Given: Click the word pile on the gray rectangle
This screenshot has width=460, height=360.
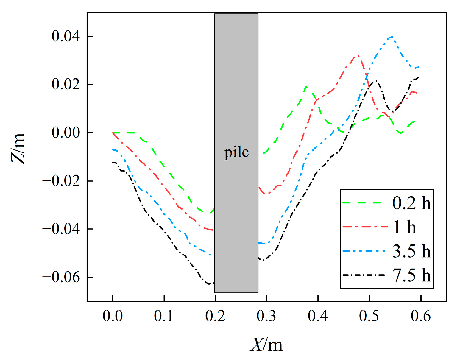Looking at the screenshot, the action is [236, 152].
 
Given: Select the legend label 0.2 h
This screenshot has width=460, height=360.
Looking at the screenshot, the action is [411, 203].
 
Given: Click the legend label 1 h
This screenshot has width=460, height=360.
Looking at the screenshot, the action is [405, 227].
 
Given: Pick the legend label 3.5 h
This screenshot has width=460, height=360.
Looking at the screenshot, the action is [411, 251].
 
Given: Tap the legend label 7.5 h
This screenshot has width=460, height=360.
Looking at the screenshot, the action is [411, 275].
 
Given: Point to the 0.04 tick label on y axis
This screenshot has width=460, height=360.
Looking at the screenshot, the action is [66, 36].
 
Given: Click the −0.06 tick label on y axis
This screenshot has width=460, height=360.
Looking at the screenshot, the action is [61, 277].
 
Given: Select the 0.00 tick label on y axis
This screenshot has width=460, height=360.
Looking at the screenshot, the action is [66, 133].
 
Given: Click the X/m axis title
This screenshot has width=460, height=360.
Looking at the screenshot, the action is [266, 345].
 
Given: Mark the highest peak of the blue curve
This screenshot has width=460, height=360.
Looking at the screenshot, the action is [392, 37].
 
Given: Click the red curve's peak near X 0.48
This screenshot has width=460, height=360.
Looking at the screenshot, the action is [358, 56].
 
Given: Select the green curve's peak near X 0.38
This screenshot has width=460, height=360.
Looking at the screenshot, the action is [306, 87].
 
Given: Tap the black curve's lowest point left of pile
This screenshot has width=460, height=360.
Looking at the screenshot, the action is [209, 284].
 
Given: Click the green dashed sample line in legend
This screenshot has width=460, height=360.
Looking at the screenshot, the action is [362, 203].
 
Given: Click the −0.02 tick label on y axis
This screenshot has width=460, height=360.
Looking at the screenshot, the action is [61, 181].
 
